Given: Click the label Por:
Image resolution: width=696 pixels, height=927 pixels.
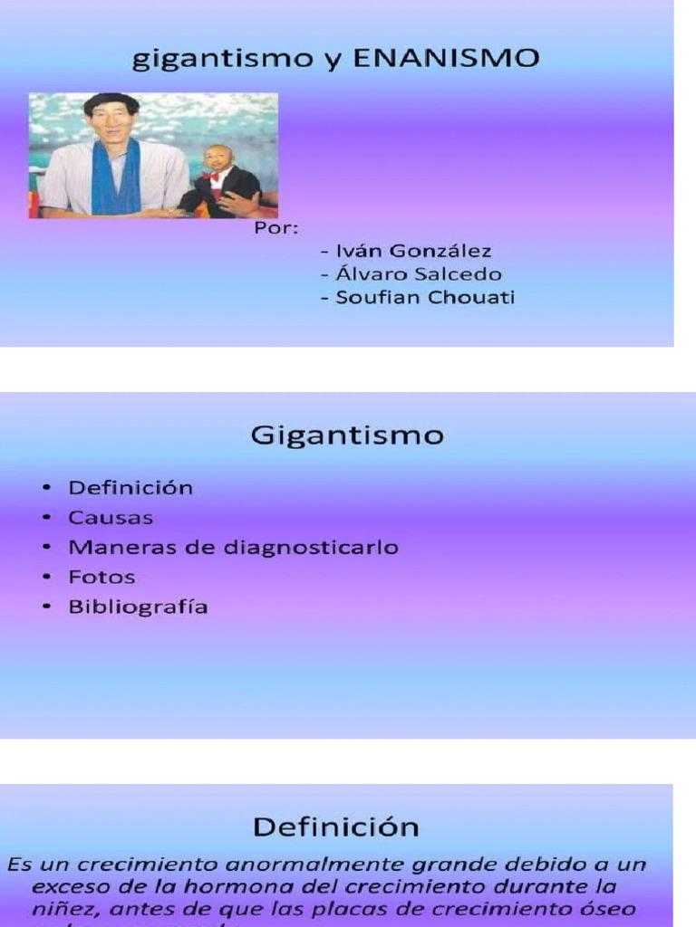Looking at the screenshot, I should pos(275,227).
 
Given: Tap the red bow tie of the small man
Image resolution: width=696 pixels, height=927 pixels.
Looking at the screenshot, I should pos(211,177).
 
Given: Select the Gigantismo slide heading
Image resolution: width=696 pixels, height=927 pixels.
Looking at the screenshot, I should pos(347,436).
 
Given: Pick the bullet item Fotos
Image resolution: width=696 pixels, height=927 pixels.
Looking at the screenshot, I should pos(101,577).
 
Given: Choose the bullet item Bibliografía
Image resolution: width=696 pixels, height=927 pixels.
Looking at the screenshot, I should pos(138,607).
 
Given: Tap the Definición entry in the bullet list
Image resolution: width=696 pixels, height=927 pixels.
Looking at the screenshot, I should pos(130,488).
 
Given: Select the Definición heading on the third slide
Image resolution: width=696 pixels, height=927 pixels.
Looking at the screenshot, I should pos(335,827).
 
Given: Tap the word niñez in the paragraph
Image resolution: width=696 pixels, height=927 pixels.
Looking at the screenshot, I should pos(61,909).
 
